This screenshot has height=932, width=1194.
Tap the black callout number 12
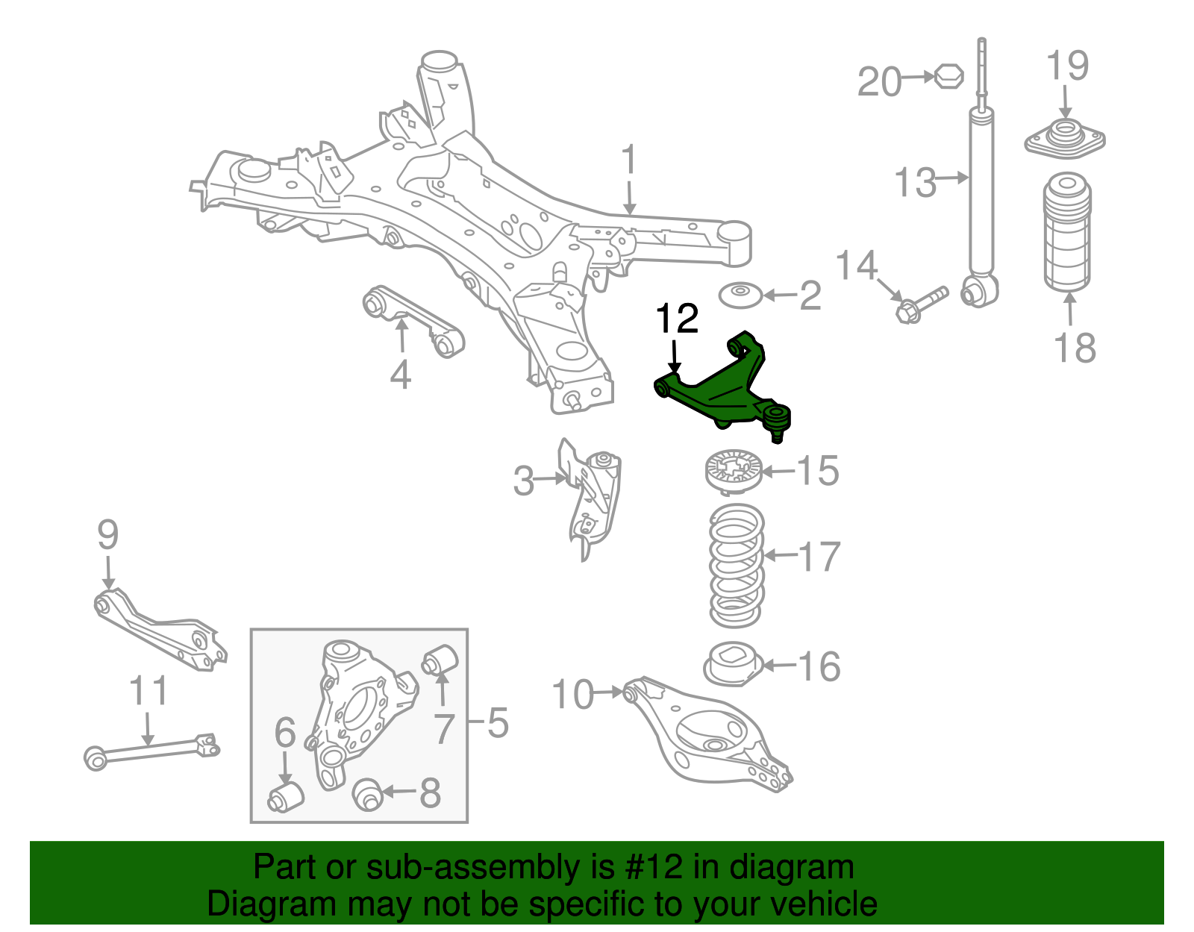pos(676,319)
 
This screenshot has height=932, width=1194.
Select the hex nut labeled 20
pos(948,75)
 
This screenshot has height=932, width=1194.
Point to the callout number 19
pos(1067,66)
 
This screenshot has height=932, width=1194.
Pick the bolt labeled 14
pos(919,303)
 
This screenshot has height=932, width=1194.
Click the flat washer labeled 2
pos(740,295)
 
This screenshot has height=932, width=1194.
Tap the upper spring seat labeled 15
pos(734,471)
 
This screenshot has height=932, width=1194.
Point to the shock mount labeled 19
pos(1065,138)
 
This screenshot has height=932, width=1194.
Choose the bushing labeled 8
pos(367,793)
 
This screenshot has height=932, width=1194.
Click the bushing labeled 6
pos(285,796)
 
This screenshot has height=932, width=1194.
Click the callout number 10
pos(572,695)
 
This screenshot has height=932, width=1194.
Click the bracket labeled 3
pos(593,496)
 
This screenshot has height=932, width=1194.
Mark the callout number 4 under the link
pos(400,375)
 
